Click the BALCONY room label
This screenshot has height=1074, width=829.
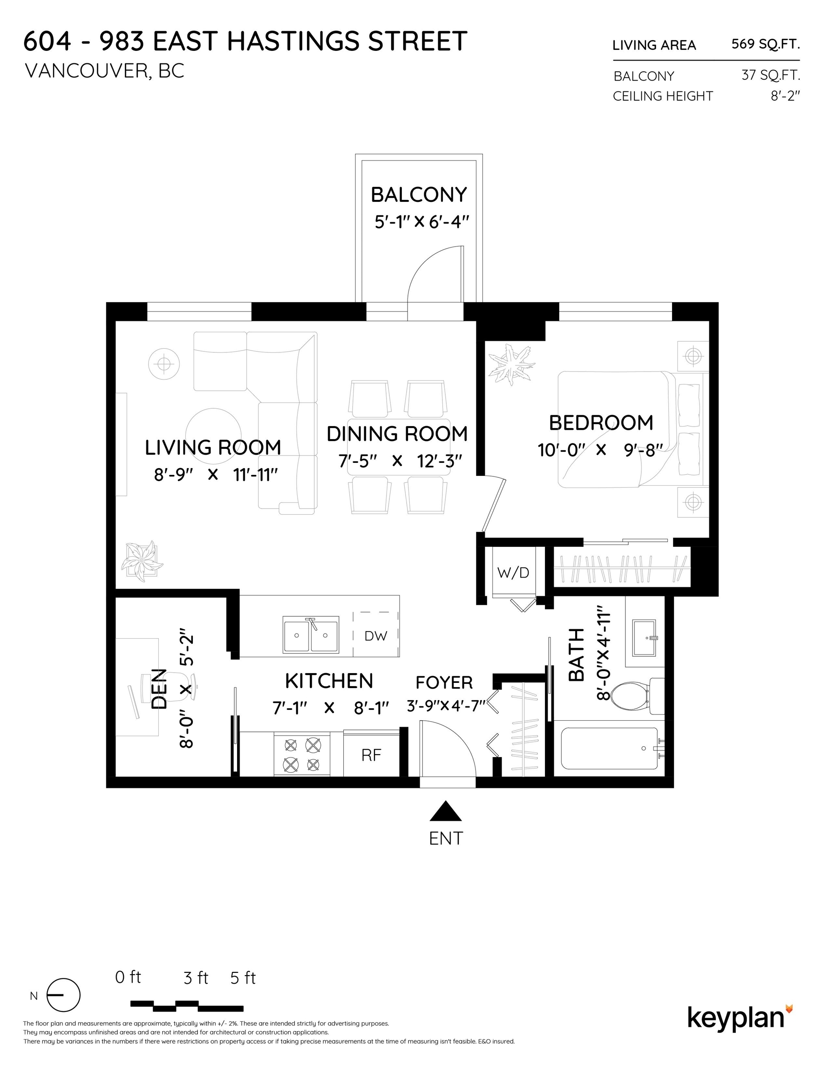[419, 195]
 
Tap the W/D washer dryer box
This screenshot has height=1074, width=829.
[514, 572]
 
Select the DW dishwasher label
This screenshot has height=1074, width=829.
[376, 636]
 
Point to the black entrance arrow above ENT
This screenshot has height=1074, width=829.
[446, 812]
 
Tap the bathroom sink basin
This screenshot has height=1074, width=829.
[645, 638]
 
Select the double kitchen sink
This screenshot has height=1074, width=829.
[311, 635]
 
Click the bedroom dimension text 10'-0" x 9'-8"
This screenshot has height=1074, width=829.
[600, 450]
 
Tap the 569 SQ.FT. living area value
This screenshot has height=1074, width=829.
[766, 44]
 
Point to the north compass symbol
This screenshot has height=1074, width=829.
[63, 995]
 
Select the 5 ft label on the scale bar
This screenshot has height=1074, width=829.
[243, 978]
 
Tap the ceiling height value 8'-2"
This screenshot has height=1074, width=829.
[785, 96]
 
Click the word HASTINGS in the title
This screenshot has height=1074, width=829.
[293, 41]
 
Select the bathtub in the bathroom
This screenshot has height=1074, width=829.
[609, 749]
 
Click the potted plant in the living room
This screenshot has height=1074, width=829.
[143, 562]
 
